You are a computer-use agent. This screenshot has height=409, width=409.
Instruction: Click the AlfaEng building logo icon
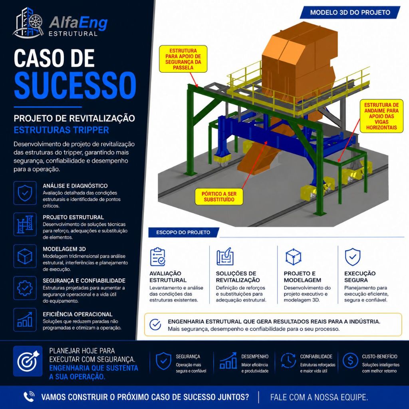(28, 23)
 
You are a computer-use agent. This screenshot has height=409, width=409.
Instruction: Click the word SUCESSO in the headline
(75, 85)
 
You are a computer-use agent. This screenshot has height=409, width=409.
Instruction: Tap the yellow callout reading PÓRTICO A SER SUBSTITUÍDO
(219, 197)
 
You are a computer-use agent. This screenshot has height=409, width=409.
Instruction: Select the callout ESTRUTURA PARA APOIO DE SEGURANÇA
(183, 59)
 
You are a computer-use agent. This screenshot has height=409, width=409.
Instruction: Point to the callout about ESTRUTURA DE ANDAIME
(381, 116)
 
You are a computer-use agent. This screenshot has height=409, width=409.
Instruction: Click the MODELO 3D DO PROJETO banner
(350, 12)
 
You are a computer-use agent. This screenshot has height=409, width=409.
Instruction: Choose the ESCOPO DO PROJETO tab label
(183, 232)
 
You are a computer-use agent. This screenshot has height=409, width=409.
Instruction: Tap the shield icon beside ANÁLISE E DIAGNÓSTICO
(25, 193)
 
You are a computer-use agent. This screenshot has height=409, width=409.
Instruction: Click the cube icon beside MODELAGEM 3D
(25, 256)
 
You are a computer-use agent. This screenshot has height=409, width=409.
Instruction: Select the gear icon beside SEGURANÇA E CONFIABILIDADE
(25, 288)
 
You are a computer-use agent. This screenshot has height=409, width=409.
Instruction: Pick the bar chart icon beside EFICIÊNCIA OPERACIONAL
(25, 320)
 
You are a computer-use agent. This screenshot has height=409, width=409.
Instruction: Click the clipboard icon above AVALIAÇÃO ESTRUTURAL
(157, 257)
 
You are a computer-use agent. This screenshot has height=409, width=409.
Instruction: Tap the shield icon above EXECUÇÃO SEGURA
(353, 257)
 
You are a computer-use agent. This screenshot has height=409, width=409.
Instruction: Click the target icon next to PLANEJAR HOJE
(28, 361)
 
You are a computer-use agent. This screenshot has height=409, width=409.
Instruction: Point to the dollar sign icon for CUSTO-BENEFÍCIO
(350, 361)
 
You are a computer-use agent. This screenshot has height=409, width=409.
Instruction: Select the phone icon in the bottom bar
(29, 397)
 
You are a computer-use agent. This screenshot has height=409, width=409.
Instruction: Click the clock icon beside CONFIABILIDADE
(288, 361)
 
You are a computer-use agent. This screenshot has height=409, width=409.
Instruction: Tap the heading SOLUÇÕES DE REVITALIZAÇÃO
(238, 277)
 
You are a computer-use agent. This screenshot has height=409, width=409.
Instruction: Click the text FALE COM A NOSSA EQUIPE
(319, 397)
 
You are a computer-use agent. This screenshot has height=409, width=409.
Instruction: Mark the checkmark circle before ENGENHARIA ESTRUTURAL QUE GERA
(155, 325)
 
